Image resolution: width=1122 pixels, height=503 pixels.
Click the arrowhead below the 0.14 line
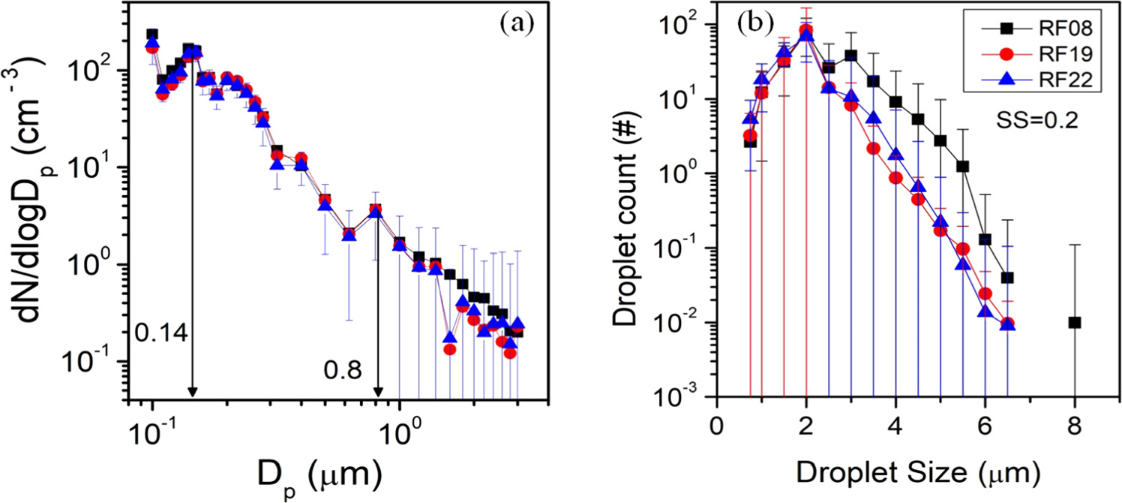pyautogui.click(x=193, y=392)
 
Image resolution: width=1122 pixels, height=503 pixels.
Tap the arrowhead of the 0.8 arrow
pyautogui.click(x=378, y=392)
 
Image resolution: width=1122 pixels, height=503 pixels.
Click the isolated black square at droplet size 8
pyautogui.click(x=1075, y=323)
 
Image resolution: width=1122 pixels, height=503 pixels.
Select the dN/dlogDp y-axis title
pyautogui.click(x=32, y=203)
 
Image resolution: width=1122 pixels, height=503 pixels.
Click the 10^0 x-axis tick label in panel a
pyautogui.click(x=397, y=430)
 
